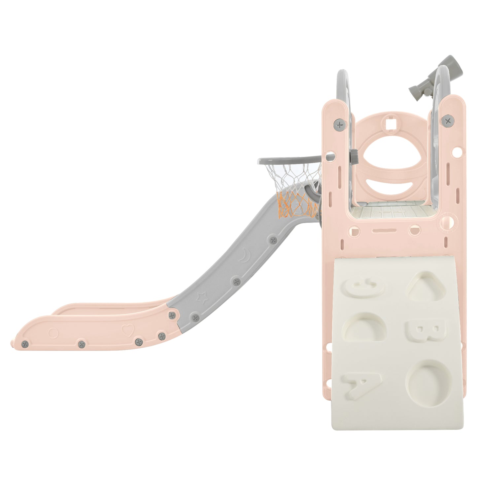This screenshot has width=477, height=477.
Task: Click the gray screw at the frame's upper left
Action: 339,124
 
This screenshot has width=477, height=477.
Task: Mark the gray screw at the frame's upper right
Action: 448,121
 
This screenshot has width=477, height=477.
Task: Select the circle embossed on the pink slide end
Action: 53,332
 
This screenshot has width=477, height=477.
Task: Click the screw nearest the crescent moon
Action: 273,240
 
